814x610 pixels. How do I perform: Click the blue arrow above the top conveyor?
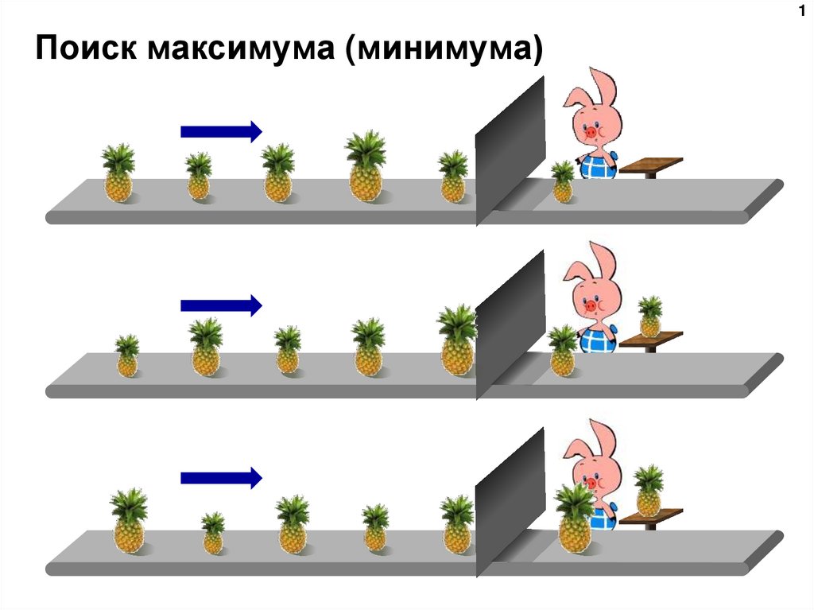pos(221,130)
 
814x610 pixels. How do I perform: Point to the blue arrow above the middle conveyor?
pos(221,304)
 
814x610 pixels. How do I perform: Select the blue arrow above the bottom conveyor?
pos(221,477)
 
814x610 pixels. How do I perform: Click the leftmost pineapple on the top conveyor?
pos(118,173)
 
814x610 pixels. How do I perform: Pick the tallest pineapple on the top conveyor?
pos(365,166)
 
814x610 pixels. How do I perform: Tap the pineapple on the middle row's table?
pos(650,317)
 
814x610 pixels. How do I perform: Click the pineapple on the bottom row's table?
pos(649,491)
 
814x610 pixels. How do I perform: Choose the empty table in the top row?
pos(651,165)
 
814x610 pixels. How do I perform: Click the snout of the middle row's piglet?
pos(591,305)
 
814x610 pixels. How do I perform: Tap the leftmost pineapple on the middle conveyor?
pos(127,356)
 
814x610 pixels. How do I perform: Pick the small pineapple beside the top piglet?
pos(563,182)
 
